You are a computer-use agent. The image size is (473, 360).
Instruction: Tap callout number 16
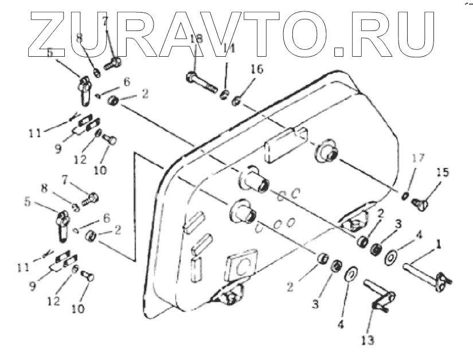256,69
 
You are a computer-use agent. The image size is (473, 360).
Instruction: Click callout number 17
417,157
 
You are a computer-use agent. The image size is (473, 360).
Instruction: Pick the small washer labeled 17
405,198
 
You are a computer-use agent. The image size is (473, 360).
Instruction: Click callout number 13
368,341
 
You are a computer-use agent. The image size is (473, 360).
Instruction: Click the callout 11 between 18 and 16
229,50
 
